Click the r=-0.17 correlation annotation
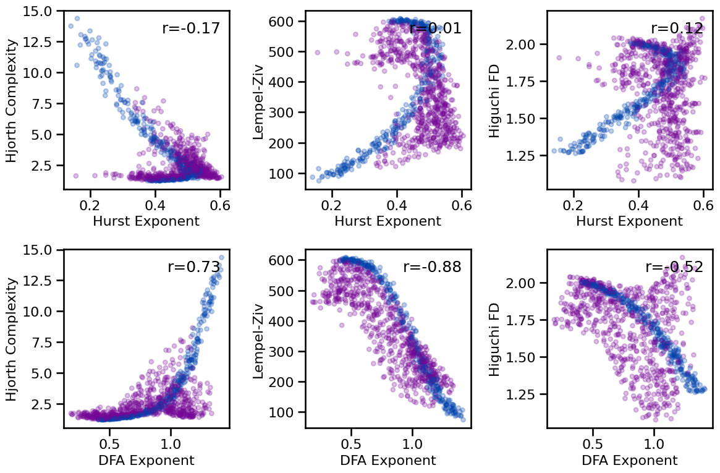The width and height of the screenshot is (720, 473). click(190, 28)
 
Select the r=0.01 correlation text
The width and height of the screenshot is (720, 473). click(435, 28)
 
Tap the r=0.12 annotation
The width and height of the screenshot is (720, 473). click(677, 28)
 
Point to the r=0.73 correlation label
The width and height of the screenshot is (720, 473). click(194, 267)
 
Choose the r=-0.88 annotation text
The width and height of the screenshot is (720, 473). click(432, 267)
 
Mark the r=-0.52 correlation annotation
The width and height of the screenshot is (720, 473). click(674, 267)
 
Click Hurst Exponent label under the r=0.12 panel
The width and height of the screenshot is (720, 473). click(629, 221)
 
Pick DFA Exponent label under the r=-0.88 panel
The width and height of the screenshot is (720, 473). click(388, 461)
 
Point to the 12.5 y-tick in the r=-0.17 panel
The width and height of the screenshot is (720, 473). click(40, 41)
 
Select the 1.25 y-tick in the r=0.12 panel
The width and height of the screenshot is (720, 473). click(523, 155)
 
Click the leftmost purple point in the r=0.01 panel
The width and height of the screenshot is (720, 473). click(318, 53)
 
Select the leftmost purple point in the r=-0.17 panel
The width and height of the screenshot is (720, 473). click(76, 176)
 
